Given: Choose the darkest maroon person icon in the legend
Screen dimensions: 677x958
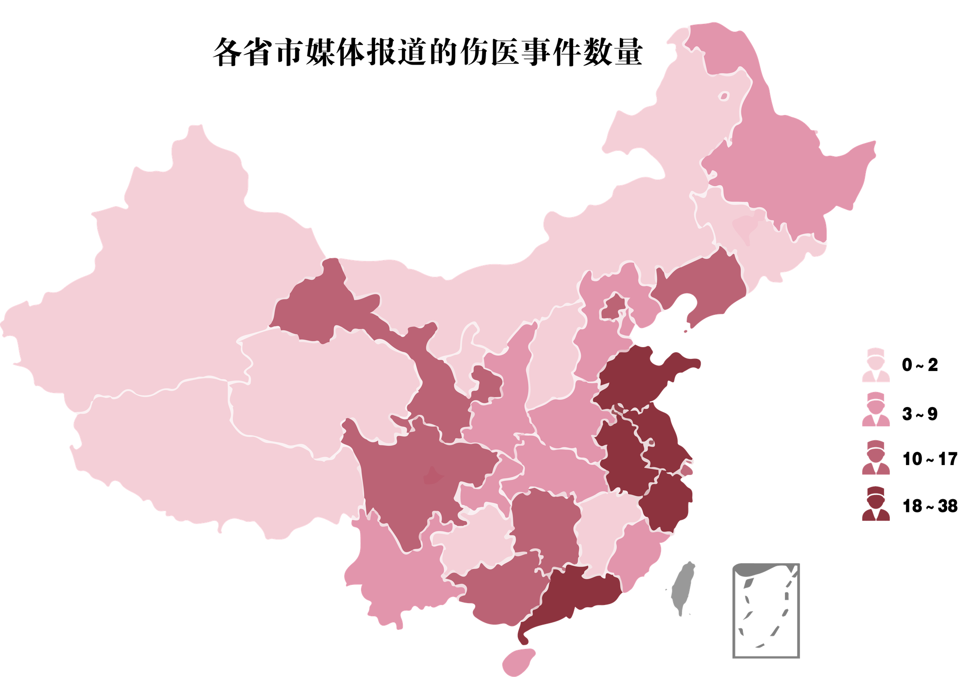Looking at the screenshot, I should (876, 504).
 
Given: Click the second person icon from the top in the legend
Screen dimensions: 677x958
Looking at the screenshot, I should (876, 410).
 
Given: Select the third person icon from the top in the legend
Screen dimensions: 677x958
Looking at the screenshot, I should (876, 458).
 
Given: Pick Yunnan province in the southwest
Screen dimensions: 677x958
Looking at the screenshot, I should (398, 571).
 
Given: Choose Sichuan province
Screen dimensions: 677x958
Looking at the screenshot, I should (412, 473).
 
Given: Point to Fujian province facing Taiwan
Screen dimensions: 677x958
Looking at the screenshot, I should (636, 547).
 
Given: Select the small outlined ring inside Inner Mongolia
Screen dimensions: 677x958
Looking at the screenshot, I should (724, 96).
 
